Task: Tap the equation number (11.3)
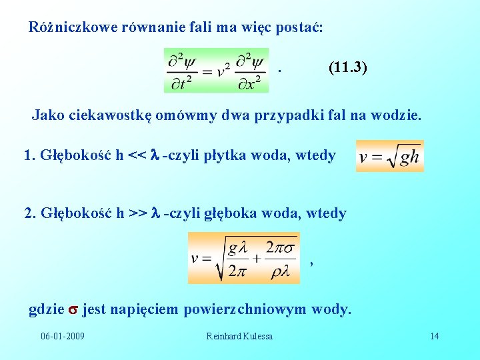(348, 68)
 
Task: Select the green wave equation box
(216, 70)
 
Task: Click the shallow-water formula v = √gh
(389, 156)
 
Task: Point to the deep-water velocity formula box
(244, 258)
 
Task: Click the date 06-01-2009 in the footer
(62, 335)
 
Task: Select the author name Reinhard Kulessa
(239, 335)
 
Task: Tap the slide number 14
(435, 335)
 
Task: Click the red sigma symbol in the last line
(73, 309)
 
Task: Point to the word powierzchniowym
(245, 309)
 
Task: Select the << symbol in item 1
(137, 155)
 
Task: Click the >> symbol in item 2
(138, 213)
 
